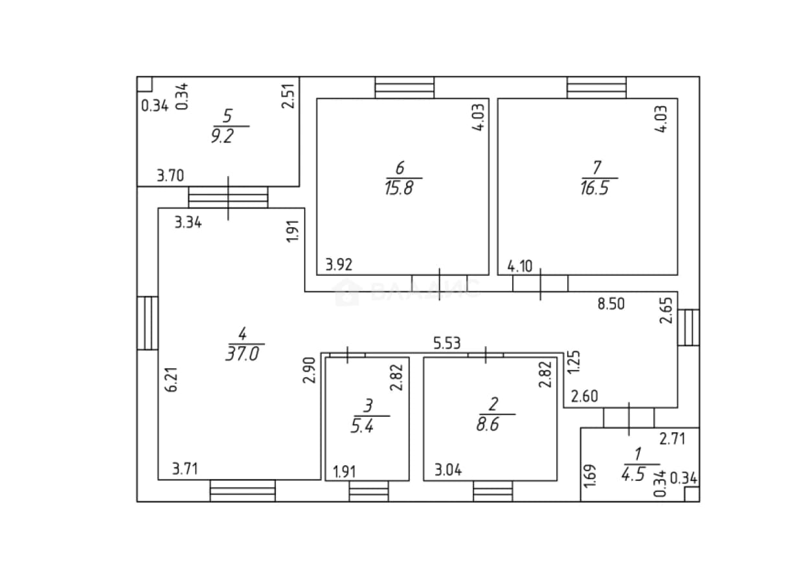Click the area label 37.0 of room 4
point(243,353)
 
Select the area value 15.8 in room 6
point(399,188)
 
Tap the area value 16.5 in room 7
point(594,188)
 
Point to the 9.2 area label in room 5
point(223,137)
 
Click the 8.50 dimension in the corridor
point(611,304)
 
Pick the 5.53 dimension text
point(447,343)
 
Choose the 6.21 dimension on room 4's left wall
point(172,379)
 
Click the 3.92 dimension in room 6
point(339,265)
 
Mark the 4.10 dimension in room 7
point(520,267)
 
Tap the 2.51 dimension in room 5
point(288,96)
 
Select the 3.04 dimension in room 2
point(448,470)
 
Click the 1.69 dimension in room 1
point(590,476)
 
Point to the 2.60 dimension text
point(584,396)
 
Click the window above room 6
point(405,87)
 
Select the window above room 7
point(596,87)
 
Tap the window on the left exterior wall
point(148,323)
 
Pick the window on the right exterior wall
point(689,328)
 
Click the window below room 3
point(368,491)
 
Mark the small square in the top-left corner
point(144,84)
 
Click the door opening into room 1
point(629,417)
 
